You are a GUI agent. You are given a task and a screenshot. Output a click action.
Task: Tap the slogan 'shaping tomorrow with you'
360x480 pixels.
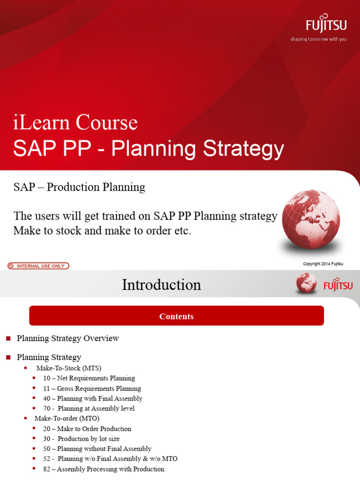319,39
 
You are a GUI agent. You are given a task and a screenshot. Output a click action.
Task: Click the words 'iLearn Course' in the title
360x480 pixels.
75,123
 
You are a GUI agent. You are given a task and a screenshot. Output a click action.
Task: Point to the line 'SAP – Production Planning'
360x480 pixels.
79,187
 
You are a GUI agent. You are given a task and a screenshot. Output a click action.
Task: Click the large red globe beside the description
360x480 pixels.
311,218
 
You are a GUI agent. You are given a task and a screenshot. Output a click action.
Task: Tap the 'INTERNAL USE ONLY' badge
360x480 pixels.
38,266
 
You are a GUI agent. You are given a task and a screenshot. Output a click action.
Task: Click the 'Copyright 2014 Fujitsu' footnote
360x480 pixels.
323,264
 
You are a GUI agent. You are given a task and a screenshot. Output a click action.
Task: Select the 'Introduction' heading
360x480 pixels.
161,285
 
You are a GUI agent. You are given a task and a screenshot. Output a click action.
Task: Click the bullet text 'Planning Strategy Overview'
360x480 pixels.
68,338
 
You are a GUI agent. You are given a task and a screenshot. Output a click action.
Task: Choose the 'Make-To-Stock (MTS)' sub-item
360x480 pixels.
69,367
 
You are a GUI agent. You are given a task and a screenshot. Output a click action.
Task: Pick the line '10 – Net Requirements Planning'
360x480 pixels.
89,378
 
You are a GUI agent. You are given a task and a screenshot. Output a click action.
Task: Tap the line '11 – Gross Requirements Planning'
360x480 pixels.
92,388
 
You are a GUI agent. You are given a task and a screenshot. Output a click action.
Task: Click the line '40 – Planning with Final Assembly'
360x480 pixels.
93,398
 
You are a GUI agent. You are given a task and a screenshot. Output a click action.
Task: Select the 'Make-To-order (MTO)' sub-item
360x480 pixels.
67,418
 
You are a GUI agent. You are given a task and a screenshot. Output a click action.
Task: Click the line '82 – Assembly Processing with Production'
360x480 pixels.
104,469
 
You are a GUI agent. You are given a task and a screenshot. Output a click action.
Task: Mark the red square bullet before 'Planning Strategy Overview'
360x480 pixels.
7,338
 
